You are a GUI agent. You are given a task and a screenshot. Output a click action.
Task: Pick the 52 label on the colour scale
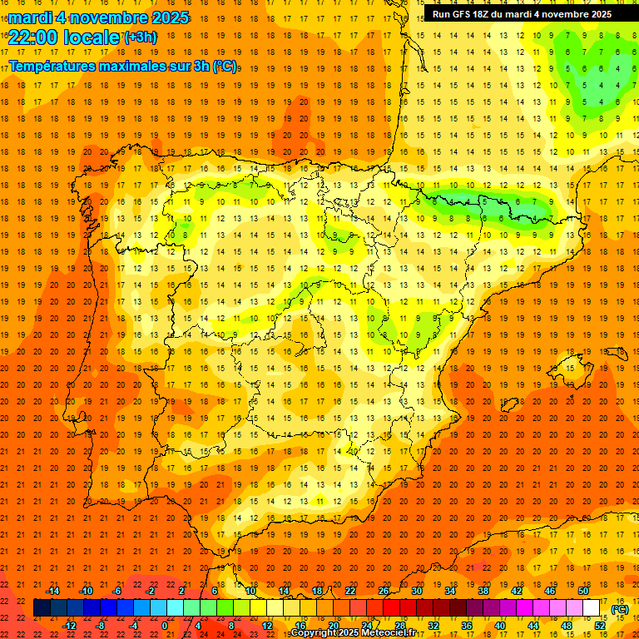pos(600,625)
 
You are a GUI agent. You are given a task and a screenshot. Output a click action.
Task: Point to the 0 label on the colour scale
pos(165,625)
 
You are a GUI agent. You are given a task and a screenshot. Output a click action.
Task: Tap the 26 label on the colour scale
pos(384,590)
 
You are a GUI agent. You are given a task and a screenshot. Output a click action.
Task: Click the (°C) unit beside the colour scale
pos(620,608)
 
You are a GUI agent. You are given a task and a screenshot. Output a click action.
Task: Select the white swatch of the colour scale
pos(592,608)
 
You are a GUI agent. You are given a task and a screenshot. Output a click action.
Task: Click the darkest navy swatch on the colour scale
pos(42,608)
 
